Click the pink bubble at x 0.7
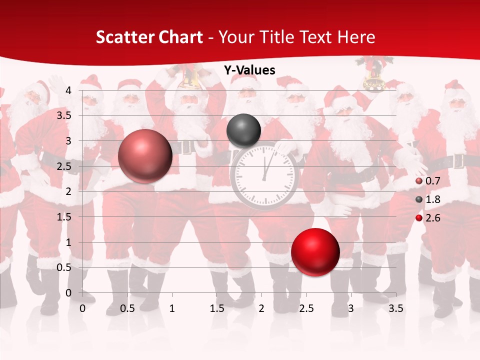(145, 156)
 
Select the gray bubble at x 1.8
(243, 130)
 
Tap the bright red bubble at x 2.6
(315, 252)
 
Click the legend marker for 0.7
(419, 181)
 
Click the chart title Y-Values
(249, 70)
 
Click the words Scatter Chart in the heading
(149, 37)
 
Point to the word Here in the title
(356, 37)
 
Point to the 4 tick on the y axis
(68, 90)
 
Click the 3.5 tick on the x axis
(396, 308)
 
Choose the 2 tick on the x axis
(261, 308)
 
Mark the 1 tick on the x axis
(172, 308)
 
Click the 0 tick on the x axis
(83, 308)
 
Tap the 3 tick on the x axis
(351, 308)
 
